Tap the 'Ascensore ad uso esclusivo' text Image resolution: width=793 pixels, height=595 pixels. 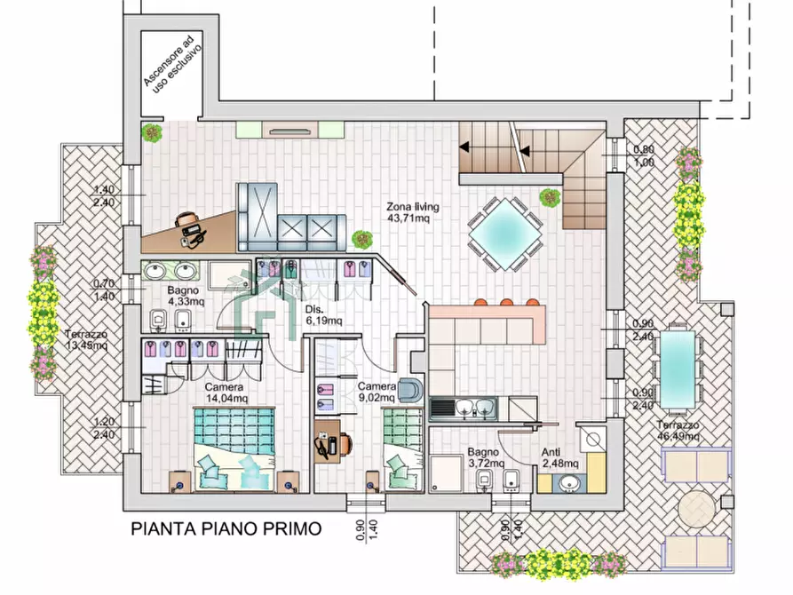[173, 61]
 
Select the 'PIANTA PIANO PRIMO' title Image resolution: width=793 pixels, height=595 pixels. [226, 530]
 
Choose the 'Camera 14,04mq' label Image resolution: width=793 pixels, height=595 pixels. [224, 393]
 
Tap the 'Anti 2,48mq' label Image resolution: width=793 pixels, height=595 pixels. [559, 457]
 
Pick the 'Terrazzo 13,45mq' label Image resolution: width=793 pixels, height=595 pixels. [86, 340]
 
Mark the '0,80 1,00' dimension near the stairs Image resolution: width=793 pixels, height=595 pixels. [643, 156]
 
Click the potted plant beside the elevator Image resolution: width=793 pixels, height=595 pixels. [152, 133]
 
